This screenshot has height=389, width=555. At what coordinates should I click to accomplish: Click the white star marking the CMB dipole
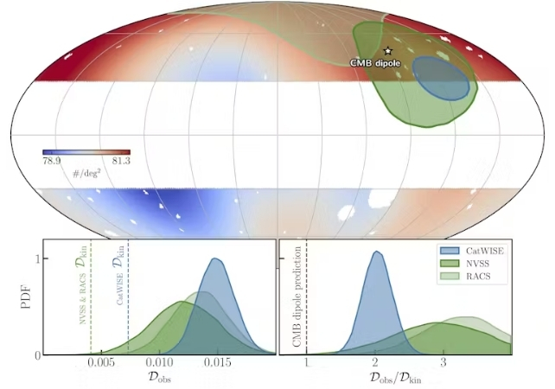click(387, 53)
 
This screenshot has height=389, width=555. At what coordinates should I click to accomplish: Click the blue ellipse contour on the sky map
click(441, 80)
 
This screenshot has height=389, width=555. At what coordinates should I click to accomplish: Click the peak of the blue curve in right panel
click(376, 252)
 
